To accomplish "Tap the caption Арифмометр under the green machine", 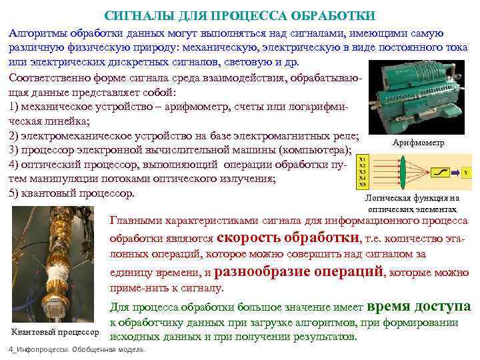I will [417, 143].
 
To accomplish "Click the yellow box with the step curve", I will [440, 172].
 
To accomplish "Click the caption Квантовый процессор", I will [55, 332].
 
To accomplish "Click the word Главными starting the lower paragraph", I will [134, 221].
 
